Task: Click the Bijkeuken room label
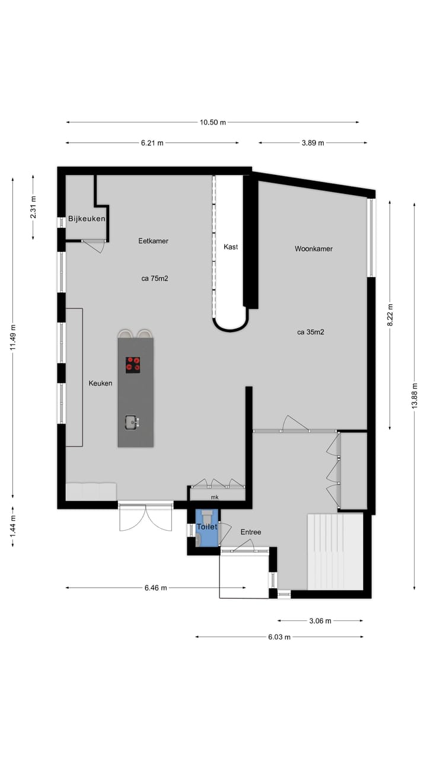pyautogui.click(x=87, y=219)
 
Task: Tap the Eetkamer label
pyautogui.click(x=153, y=241)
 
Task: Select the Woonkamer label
pyautogui.click(x=313, y=248)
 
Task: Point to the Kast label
pyautogui.click(x=231, y=247)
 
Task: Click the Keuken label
pyautogui.click(x=100, y=383)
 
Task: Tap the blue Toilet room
pyautogui.click(x=207, y=527)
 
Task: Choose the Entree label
pyautogui.click(x=250, y=532)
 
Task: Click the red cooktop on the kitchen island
pyautogui.click(x=133, y=365)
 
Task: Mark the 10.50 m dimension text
pyautogui.click(x=213, y=122)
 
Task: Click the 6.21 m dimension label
pyautogui.click(x=152, y=143)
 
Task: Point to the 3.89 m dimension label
pyautogui.click(x=313, y=143)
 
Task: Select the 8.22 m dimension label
pyautogui.click(x=390, y=315)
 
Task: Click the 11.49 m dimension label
pyautogui.click(x=12, y=337)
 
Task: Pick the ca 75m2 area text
pyautogui.click(x=154, y=278)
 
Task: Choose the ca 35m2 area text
pyautogui.click(x=311, y=332)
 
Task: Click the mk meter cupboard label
pyautogui.click(x=214, y=498)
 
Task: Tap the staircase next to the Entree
pyautogui.click(x=334, y=551)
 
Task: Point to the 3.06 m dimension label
pyautogui.click(x=320, y=621)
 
